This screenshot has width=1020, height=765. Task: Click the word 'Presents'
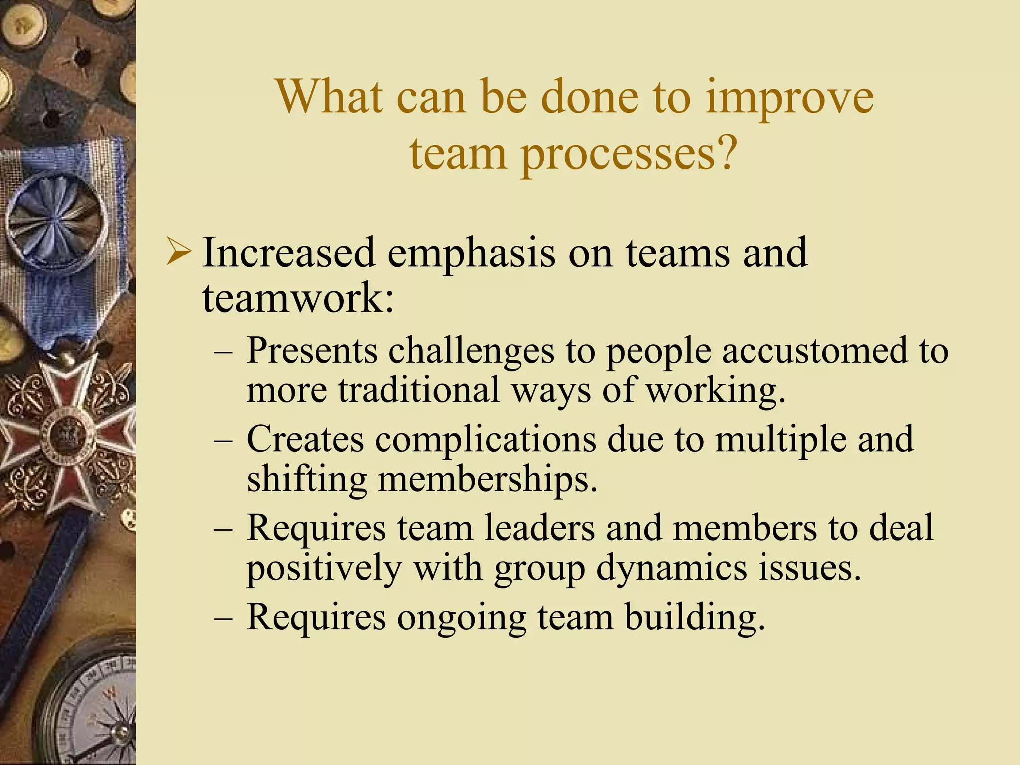click(312, 350)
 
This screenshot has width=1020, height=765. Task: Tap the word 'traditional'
click(419, 389)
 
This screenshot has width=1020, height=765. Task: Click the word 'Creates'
click(305, 439)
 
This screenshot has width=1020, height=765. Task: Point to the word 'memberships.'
click(488, 479)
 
